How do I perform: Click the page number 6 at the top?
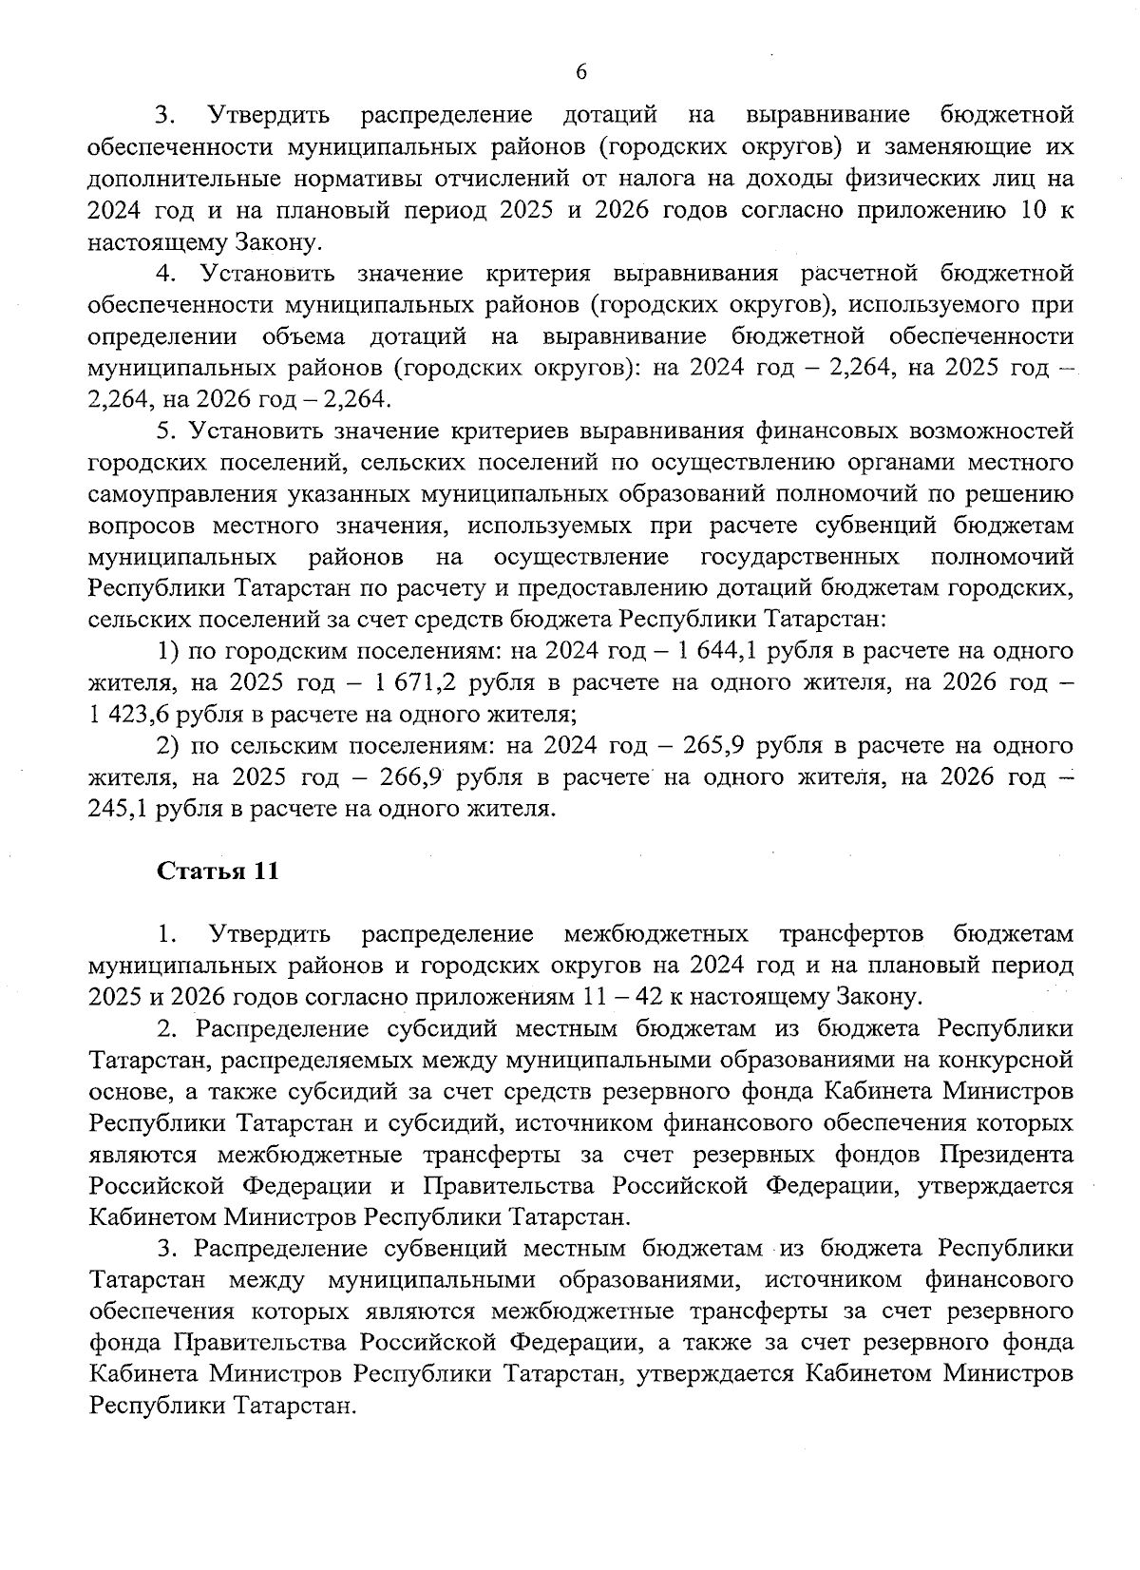(x=582, y=72)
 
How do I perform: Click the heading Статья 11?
(x=218, y=871)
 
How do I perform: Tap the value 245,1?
(x=119, y=808)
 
